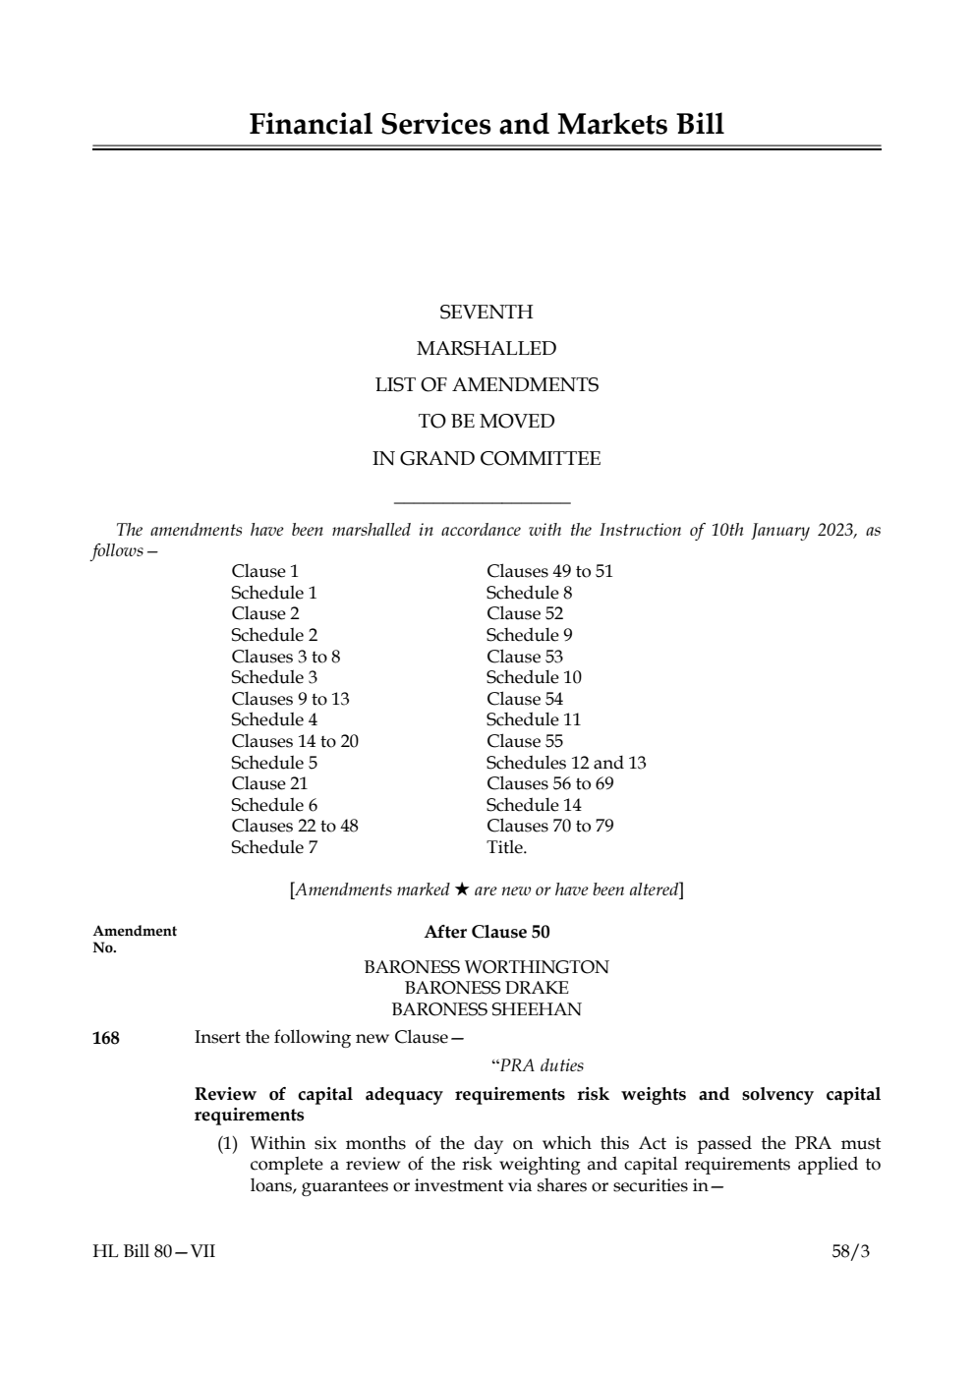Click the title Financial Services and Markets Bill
click(x=487, y=125)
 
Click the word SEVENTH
click(x=487, y=313)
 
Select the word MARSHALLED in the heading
click(x=487, y=349)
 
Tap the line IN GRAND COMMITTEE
click(x=487, y=459)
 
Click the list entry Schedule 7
click(x=274, y=847)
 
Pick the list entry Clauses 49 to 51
click(x=549, y=571)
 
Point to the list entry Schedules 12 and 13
click(x=566, y=763)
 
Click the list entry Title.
click(x=506, y=847)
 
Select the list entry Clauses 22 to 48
click(x=295, y=826)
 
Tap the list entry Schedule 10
click(x=534, y=677)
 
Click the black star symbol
click(x=461, y=889)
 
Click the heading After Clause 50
click(x=487, y=932)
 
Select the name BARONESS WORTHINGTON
click(x=487, y=967)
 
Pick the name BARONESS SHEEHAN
click(x=487, y=1009)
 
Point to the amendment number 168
click(x=106, y=1038)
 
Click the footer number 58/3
click(x=850, y=1251)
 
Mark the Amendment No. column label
click(x=135, y=939)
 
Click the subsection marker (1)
click(x=228, y=1143)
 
